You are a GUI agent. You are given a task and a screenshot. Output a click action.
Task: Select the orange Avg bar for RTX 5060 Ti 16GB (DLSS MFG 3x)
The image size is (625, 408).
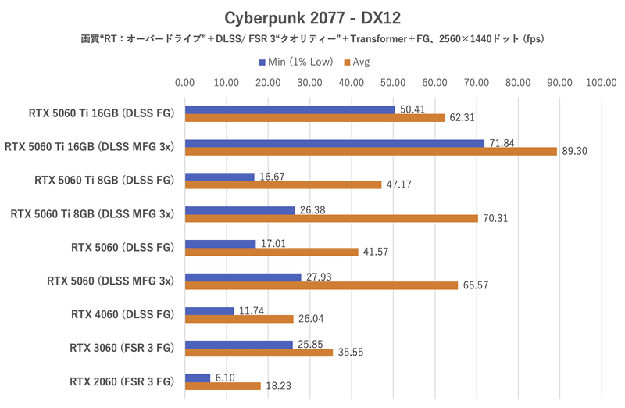pos(370,151)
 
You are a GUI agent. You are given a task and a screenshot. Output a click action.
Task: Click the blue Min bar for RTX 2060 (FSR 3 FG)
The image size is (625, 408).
pos(198,378)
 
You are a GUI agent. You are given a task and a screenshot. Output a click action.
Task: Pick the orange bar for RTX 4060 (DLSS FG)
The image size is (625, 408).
pos(239,319)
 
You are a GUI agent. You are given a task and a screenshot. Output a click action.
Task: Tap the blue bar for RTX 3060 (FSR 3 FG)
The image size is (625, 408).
pos(238,344)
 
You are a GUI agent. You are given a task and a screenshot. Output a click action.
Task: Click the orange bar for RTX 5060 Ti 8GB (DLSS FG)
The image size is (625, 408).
pos(283,184)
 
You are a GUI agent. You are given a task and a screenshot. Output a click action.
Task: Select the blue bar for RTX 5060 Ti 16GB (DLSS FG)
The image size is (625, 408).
pos(290,109)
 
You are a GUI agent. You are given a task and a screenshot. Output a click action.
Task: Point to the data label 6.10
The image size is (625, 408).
pos(227,378)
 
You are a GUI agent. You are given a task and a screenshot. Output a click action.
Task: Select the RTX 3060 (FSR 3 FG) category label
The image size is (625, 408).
pos(121,349)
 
